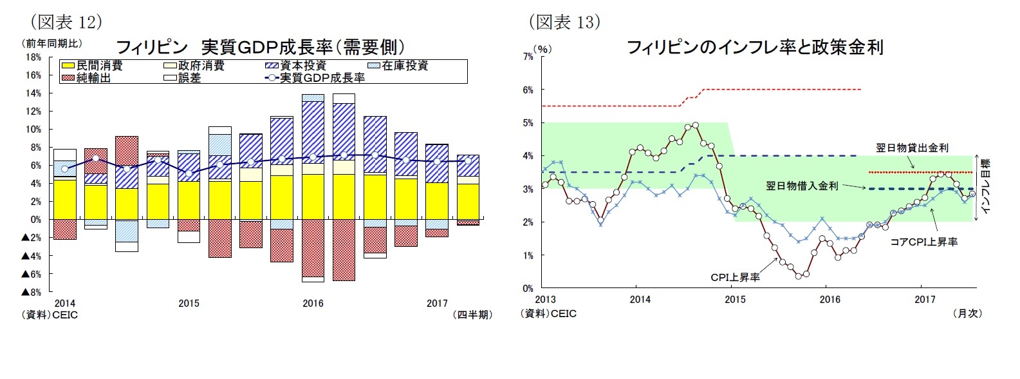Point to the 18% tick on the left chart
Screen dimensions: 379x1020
click(x=33, y=57)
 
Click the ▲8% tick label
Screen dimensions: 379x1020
click(x=32, y=292)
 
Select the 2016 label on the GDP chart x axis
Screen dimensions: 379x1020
click(x=313, y=304)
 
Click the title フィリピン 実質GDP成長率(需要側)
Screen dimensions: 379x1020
click(x=260, y=47)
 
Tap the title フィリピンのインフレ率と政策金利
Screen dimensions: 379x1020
click(x=755, y=47)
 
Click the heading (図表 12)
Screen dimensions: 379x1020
click(x=67, y=22)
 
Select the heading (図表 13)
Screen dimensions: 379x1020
click(x=564, y=22)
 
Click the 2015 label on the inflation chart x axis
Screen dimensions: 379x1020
click(x=735, y=299)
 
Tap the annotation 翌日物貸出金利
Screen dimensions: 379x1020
click(x=912, y=148)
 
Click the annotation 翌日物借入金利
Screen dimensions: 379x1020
click(x=801, y=186)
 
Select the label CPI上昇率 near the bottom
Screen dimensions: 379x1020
click(x=735, y=277)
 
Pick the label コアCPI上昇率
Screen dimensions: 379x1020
click(x=924, y=242)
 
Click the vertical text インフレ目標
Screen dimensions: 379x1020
click(x=986, y=186)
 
